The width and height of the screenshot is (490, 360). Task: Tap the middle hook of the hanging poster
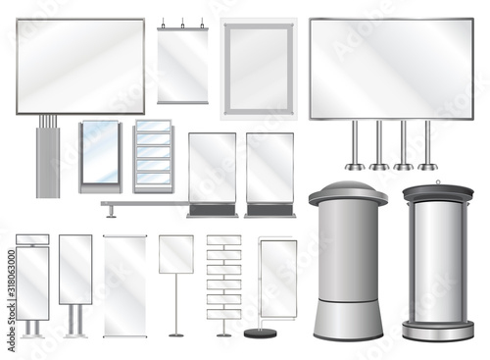[x=182, y=24]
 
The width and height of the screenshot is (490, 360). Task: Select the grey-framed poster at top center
[x=258, y=68]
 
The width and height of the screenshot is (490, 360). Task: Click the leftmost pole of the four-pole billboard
[x=354, y=145]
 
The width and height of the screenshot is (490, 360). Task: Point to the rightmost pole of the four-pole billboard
[x=427, y=145]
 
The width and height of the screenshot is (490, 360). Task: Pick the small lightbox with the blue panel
[x=99, y=155]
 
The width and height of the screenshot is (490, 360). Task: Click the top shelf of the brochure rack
[x=152, y=129]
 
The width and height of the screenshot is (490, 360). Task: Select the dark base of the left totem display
[x=212, y=210]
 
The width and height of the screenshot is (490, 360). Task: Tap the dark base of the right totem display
[x=269, y=210]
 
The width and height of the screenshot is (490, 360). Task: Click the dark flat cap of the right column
[x=437, y=191]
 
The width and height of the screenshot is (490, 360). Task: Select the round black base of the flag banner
[x=260, y=334]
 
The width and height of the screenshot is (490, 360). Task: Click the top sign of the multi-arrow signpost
[x=223, y=240]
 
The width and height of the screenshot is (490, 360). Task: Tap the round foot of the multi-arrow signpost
[x=223, y=334]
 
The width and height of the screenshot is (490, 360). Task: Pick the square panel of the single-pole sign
[x=176, y=254]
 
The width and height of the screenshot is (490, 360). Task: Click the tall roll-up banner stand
[x=125, y=284]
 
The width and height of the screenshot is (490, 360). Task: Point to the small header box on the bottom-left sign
[x=32, y=239]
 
